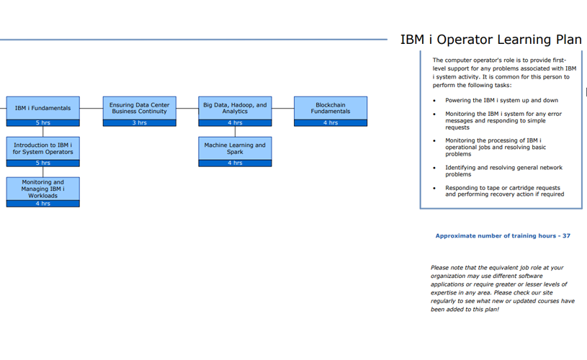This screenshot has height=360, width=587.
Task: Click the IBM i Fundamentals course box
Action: point(42,108)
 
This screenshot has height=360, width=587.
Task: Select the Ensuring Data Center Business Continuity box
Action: point(139,108)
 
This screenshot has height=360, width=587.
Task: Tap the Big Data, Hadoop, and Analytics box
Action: point(235,108)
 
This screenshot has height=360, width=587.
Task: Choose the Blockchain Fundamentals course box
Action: point(331,108)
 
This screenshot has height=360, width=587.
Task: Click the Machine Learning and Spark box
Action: point(235,148)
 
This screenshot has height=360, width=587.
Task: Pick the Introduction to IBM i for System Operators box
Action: point(42,148)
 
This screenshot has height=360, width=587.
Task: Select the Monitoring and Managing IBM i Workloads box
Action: point(42,189)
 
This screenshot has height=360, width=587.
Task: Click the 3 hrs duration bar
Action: point(139,123)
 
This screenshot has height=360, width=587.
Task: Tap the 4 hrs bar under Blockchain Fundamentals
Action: point(331,123)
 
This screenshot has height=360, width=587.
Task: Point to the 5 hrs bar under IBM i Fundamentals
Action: point(42,123)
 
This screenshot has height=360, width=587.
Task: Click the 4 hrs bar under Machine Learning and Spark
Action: point(235,163)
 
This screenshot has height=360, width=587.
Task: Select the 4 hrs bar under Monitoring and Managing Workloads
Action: point(42,204)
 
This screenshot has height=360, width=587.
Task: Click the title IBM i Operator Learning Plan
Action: point(490,40)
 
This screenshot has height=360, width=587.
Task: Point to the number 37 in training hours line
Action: point(566,236)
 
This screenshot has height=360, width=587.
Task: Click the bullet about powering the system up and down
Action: point(501,100)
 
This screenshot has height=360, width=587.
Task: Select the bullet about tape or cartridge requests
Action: point(504,191)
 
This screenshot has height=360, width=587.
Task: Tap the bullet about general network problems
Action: point(503,171)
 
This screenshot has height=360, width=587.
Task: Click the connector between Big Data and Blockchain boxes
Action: point(283,109)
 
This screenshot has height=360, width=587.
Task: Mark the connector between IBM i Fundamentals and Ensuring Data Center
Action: point(91,109)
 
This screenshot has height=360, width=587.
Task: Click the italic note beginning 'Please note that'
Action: point(502,288)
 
